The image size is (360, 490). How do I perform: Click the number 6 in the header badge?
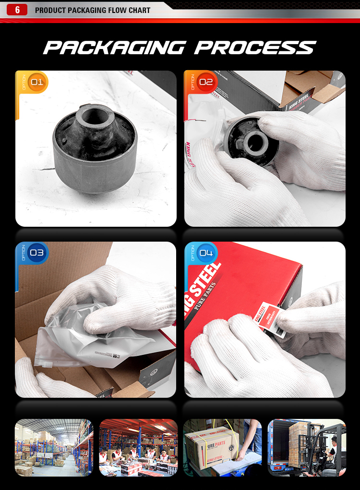coord(18,10)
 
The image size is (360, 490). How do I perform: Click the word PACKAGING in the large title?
coord(113,48)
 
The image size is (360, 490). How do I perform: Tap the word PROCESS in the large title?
coord(255,48)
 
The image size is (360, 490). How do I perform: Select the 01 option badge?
coord(36,82)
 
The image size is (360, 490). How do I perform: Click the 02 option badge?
coord(205,82)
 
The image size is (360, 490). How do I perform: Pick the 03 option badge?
coord(36,253)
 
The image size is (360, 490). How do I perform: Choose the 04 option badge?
coord(205,253)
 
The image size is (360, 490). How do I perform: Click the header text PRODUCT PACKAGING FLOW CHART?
coord(93,10)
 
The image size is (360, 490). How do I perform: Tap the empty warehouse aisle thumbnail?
coord(53,447)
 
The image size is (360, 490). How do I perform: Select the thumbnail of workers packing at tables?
coord(138,447)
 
